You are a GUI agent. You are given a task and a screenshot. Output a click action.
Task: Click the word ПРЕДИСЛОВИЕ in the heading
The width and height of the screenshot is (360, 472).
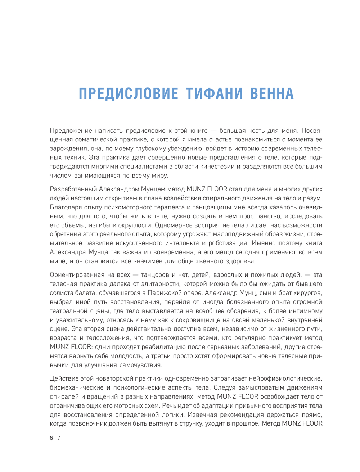point(129,94)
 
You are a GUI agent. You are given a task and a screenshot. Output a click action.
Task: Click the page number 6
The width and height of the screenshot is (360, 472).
point(51,438)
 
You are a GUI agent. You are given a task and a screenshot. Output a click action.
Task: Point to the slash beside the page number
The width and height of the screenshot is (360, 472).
point(59,438)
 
